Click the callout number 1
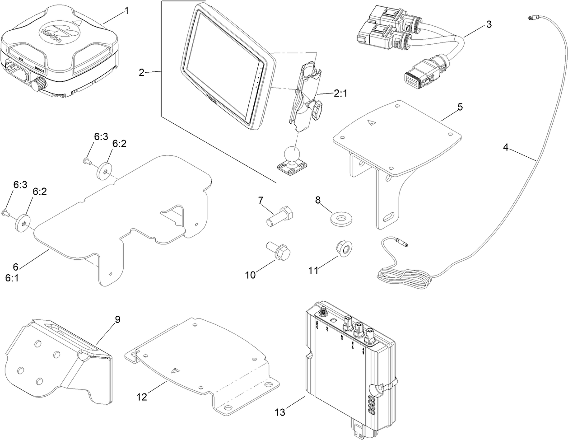click(126, 10)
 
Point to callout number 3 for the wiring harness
click(489, 24)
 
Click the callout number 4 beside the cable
click(506, 147)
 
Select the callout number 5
click(460, 107)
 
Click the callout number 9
click(117, 319)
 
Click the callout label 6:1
click(12, 278)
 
